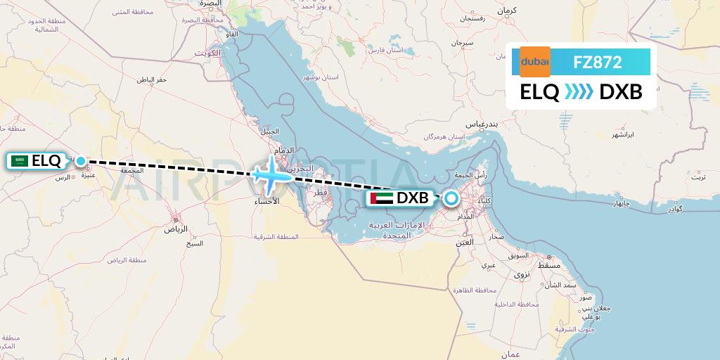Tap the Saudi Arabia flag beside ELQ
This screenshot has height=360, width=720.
click(x=20, y=161)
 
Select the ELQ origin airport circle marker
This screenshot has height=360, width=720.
click(x=81, y=161)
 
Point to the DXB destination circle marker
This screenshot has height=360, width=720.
click(x=450, y=198)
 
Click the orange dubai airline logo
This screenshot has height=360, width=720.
click(x=535, y=62)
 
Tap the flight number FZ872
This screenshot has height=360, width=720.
click(x=598, y=62)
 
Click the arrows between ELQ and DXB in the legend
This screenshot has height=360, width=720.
click(x=579, y=92)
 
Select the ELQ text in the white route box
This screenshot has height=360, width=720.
click(x=539, y=92)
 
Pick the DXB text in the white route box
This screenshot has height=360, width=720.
click(x=621, y=92)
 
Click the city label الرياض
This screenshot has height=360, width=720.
click(x=176, y=229)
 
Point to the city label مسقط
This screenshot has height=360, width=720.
click(x=550, y=266)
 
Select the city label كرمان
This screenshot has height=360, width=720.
click(x=506, y=11)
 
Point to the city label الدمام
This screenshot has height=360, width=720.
click(x=284, y=150)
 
